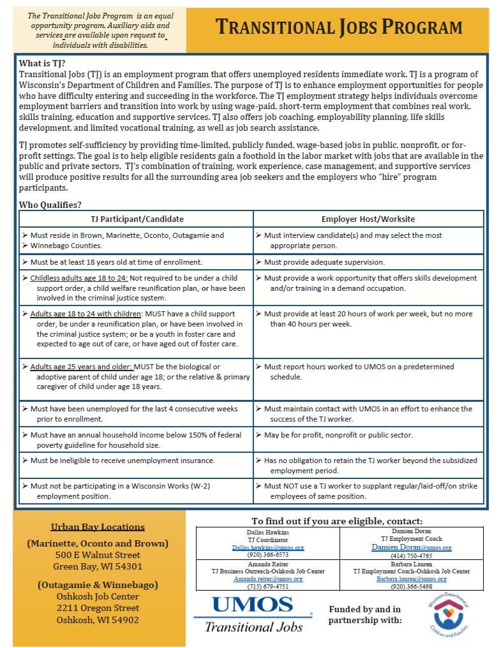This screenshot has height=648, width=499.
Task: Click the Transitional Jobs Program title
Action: [338, 27]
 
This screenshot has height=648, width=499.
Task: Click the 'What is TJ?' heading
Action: [42, 63]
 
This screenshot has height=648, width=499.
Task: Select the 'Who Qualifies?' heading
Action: [50, 205]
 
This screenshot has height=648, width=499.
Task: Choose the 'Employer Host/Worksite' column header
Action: [368, 219]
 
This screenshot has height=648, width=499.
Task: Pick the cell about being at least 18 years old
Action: [116, 261]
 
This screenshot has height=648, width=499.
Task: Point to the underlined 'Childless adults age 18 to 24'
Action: [80, 279]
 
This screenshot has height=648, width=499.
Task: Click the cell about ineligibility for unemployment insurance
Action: [123, 460]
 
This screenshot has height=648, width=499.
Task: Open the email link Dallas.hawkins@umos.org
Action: [268, 547]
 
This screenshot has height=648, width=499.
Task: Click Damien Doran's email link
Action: [411, 547]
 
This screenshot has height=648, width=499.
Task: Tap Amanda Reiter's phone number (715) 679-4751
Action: [268, 587]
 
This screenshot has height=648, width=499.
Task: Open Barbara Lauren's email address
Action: [411, 578]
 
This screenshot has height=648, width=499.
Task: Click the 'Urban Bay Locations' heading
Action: [98, 527]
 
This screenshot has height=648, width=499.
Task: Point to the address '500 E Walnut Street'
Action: [98, 556]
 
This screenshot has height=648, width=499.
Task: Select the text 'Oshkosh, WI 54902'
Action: [98, 619]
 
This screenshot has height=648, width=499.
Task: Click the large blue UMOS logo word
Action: [252, 606]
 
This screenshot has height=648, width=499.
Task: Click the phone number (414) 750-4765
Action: [411, 556]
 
